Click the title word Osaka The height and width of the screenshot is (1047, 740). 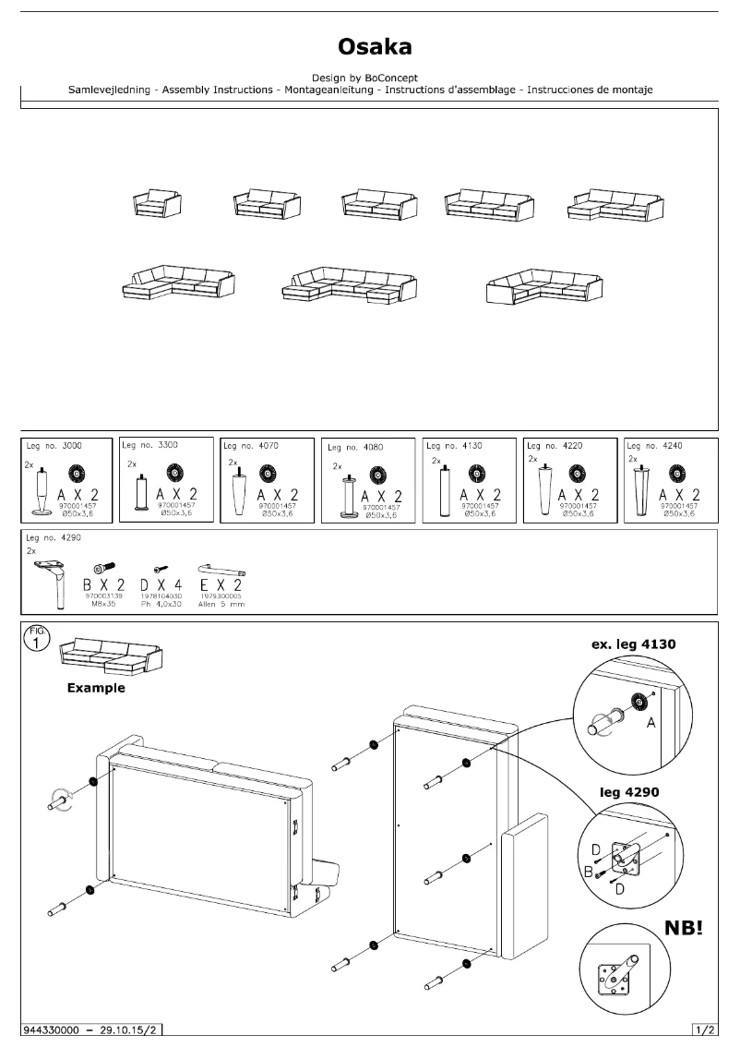369,47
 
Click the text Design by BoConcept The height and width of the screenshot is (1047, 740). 368,78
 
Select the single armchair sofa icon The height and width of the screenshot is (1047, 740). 157,203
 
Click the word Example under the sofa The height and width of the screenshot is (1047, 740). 96,688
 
